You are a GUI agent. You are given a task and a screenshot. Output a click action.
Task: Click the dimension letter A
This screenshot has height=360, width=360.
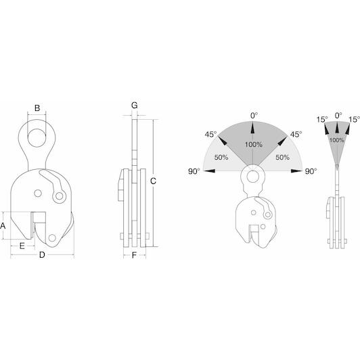pos(3,226)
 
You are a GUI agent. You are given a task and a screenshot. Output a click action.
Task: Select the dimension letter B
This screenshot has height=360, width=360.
pos(37,108)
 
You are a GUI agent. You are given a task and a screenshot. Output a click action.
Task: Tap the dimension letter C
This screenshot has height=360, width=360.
pos(153,181)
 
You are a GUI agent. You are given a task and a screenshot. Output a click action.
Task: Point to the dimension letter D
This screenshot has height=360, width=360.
pos(42,255)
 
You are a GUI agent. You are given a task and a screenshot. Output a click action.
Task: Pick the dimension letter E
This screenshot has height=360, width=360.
pos(22,246)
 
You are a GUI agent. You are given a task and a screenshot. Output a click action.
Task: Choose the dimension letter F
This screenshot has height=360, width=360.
pos(134,255)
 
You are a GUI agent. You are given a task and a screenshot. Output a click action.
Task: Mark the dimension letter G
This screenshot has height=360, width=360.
pos(135,106)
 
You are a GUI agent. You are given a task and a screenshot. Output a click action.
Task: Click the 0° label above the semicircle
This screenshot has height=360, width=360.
pos(254,116)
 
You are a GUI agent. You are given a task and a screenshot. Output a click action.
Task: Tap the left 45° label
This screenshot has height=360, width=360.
pos(210,134)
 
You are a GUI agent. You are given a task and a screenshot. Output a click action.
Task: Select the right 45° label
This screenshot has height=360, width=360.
pos(296,134)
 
